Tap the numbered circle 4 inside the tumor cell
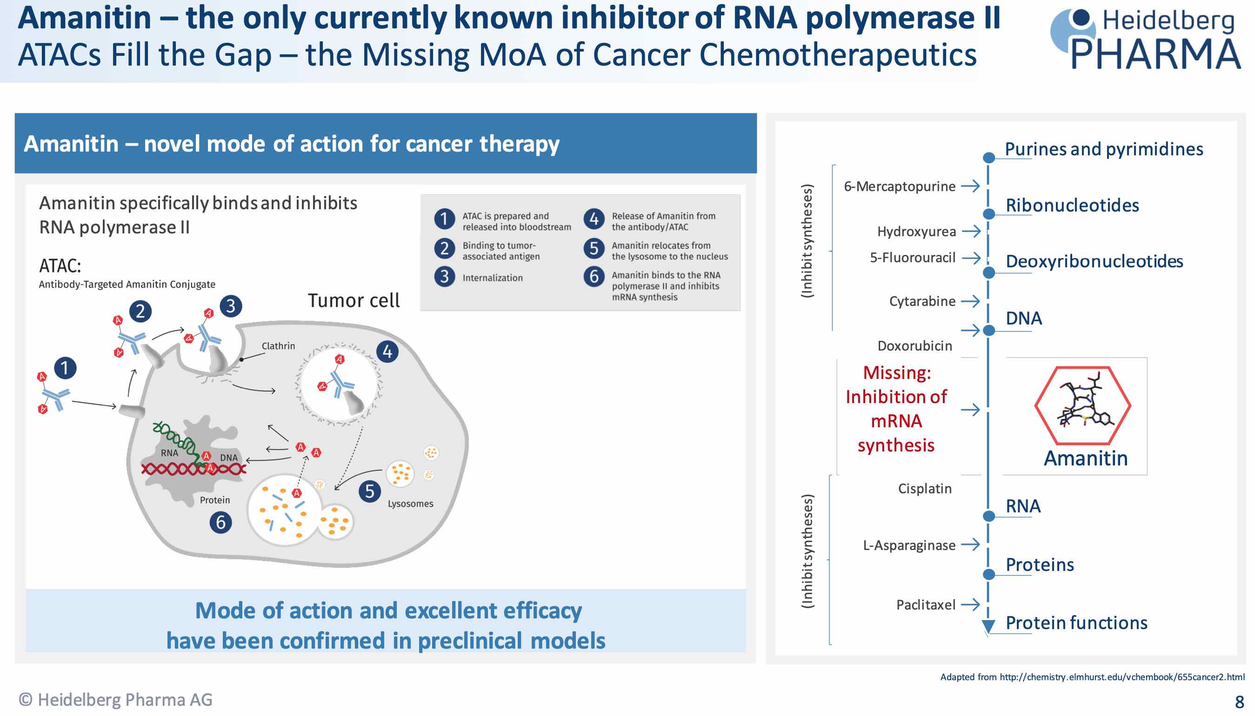387,351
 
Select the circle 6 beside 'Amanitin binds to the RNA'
594,276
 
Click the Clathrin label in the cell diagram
279,346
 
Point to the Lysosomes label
410,504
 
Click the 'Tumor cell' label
354,300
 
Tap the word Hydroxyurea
916,232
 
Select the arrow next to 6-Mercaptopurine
970,186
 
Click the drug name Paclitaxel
925,604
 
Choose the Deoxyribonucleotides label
1094,261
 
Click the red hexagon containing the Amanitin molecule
1082,406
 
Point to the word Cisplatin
924,488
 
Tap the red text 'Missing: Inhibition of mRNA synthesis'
896,409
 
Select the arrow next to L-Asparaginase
970,544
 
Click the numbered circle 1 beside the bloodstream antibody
65,368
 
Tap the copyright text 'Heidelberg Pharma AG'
116,699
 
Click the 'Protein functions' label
1076,623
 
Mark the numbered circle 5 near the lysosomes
369,491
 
